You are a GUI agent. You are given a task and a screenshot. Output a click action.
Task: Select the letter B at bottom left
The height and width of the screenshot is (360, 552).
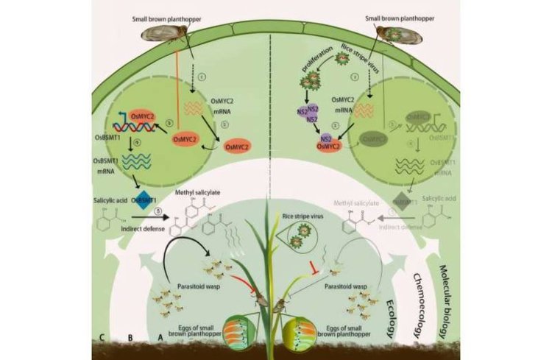click(x=130, y=339)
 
